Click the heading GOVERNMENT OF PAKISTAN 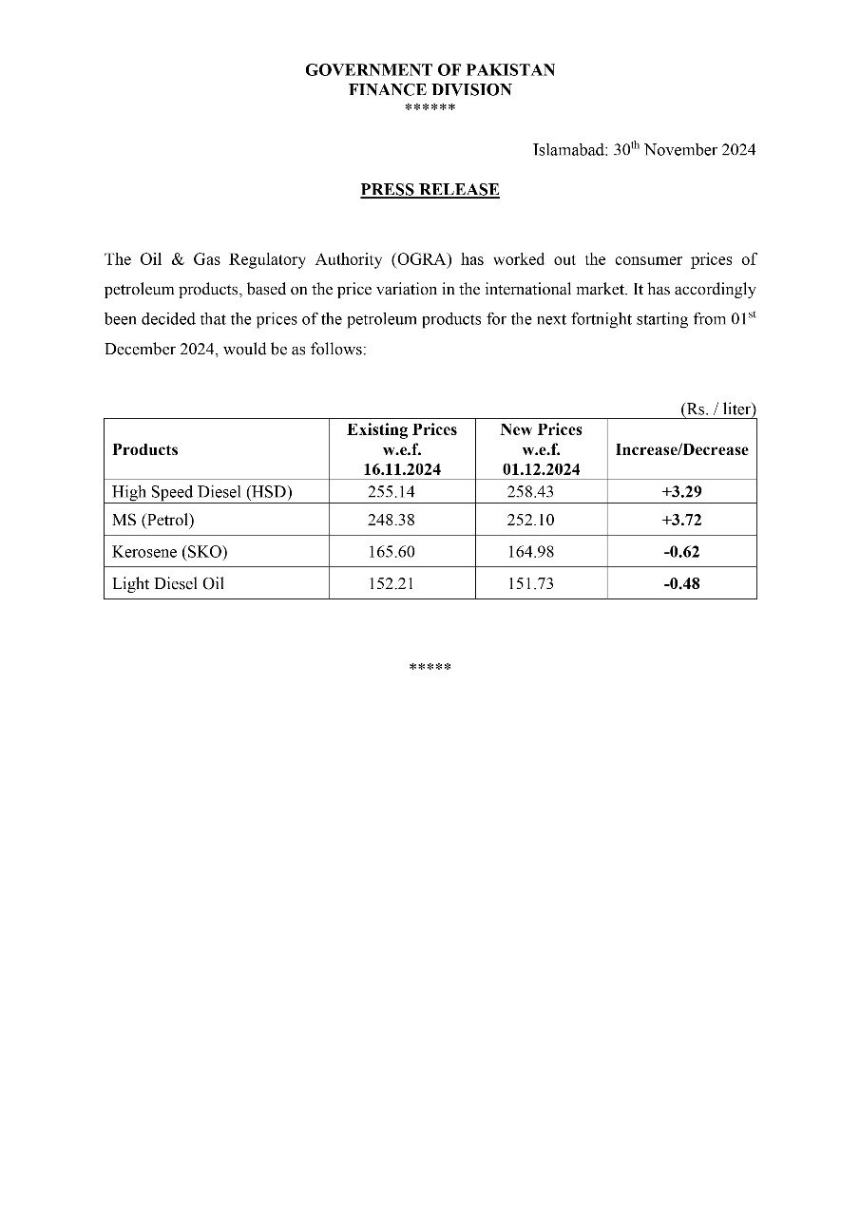click(430, 70)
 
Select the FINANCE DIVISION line click(430, 90)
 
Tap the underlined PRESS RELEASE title click(430, 190)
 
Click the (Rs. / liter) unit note click(717, 408)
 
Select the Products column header click(145, 449)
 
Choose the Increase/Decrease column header click(681, 449)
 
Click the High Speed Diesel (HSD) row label click(201, 492)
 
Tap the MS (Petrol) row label click(153, 521)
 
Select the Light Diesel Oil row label click(168, 583)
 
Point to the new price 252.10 click(528, 521)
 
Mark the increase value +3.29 click(681, 492)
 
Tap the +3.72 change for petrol click(681, 521)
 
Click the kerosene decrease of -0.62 click(681, 552)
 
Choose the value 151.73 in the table click(528, 583)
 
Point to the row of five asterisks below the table click(430, 668)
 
